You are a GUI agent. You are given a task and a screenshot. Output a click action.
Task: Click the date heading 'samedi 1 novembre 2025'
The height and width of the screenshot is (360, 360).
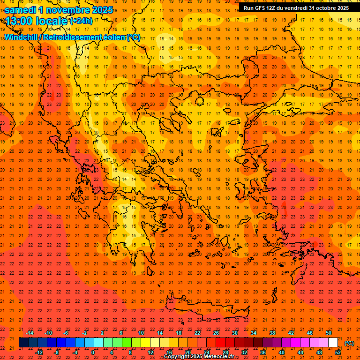[x=59, y=10]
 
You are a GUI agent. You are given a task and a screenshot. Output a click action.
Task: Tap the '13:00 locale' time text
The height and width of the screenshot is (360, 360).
[x=37, y=21]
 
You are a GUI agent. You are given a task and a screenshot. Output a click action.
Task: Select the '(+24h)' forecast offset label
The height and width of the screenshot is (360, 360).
[x=81, y=21]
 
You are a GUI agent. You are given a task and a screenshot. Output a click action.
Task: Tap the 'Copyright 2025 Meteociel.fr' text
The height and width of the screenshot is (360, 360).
[x=199, y=357]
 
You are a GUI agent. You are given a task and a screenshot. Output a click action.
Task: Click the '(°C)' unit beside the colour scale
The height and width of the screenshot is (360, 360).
[x=349, y=343]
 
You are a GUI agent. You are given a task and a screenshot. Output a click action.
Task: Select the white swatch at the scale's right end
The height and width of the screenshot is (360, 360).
[x=333, y=343]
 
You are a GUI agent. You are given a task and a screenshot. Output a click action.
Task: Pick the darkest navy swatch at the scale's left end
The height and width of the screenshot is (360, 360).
[x=24, y=343]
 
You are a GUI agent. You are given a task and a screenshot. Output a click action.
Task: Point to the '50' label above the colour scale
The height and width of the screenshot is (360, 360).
[x=329, y=333]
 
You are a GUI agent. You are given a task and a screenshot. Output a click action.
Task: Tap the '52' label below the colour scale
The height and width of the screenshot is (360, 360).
[x=338, y=352]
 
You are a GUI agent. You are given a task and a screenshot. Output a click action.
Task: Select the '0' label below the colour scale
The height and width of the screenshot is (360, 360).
[x=93, y=352]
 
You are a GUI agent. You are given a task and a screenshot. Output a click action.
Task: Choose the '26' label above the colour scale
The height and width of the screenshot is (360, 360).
[x=216, y=333]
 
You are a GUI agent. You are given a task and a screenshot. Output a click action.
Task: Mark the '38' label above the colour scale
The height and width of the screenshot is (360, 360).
[x=272, y=333]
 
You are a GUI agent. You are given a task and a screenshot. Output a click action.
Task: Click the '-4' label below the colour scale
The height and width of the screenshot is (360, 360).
[x=75, y=352]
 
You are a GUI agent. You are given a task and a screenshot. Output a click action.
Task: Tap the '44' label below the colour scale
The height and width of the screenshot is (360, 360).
[x=300, y=352]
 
